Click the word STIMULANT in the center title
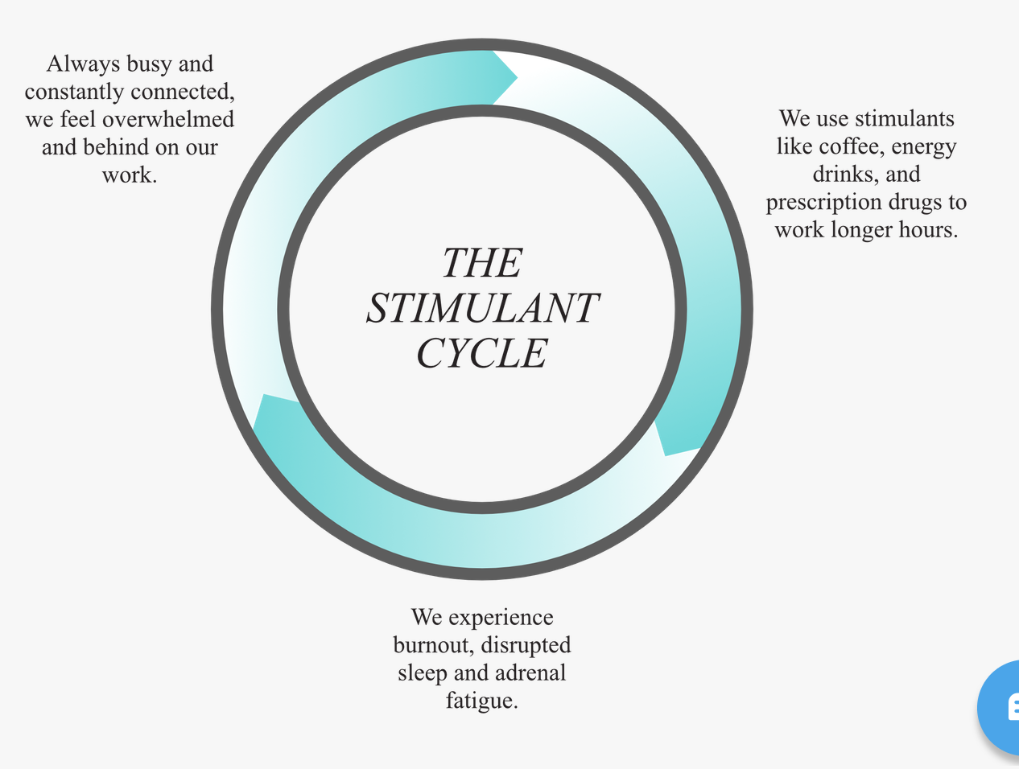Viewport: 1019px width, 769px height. [x=483, y=307]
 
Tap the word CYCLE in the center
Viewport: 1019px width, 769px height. [x=482, y=353]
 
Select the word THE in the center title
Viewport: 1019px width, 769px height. [x=483, y=262]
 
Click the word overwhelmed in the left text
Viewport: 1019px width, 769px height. [x=168, y=119]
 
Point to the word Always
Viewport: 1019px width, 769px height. [x=83, y=64]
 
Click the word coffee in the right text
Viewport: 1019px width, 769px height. [x=852, y=146]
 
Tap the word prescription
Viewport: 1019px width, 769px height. [x=823, y=203]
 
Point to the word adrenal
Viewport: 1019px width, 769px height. [x=530, y=672]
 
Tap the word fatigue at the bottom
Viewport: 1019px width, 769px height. [x=482, y=701]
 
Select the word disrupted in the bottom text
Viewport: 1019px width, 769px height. [x=526, y=646]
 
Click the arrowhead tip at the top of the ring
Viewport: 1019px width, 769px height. [x=518, y=78]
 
